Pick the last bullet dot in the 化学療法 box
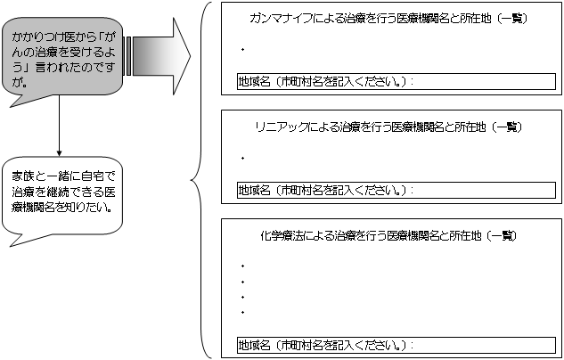(x=242, y=313)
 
